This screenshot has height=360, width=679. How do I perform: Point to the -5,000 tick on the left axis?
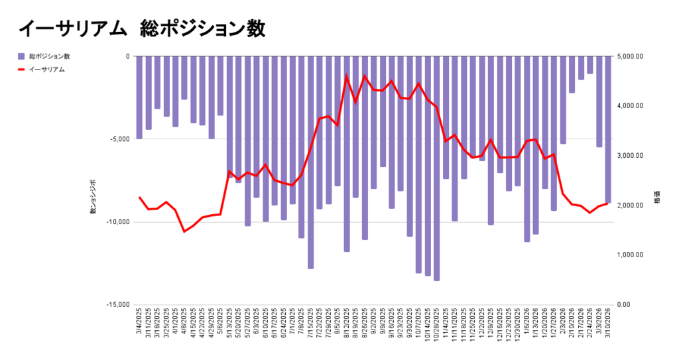tap(119, 139)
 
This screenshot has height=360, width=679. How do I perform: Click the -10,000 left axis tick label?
tap(117, 222)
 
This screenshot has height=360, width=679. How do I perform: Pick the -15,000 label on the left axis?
tap(117, 305)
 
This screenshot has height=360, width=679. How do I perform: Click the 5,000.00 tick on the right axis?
tap(631, 56)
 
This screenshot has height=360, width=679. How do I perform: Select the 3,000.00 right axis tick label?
tap(631, 156)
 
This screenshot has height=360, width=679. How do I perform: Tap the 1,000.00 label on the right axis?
tap(631, 255)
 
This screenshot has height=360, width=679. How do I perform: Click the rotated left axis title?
tap(93, 197)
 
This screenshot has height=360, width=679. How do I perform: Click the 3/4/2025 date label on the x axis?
tap(139, 324)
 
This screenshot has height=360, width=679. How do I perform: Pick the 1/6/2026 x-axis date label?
tap(526, 324)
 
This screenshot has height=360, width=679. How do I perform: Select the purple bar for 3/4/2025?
tap(139, 97)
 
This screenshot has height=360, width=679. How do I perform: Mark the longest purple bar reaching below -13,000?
tap(436, 168)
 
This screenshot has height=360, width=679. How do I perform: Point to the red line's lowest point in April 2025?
tap(184, 231)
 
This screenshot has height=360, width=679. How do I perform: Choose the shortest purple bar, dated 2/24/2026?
tap(589, 65)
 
